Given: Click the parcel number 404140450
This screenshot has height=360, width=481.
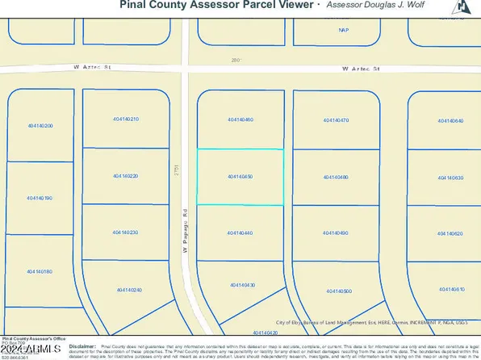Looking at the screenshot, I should pos(240,176).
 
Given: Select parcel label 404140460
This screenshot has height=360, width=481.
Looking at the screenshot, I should pos(240,120).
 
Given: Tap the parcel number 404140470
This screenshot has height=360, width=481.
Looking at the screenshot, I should pos(335,120).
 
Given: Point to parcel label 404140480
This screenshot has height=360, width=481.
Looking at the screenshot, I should pos(335,177).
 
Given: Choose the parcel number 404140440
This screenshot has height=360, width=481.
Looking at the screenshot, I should pos(240,232).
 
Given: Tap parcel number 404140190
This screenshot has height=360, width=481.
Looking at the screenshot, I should pos(40,198).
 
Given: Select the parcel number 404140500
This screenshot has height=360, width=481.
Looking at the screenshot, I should pos(336,291).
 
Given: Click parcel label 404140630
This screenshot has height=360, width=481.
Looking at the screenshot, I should pos(450,176).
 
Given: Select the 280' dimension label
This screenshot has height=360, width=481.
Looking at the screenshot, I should pos(236,59).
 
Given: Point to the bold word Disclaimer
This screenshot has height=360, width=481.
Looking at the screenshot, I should pos(82,344).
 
